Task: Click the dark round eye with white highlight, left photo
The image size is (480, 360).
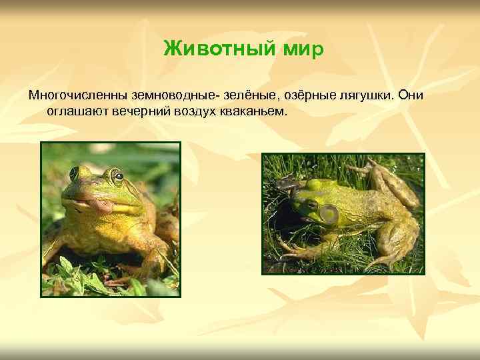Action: (118, 177)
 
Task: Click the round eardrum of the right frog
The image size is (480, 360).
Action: (329, 214)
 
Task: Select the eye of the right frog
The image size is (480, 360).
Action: (311, 204)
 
